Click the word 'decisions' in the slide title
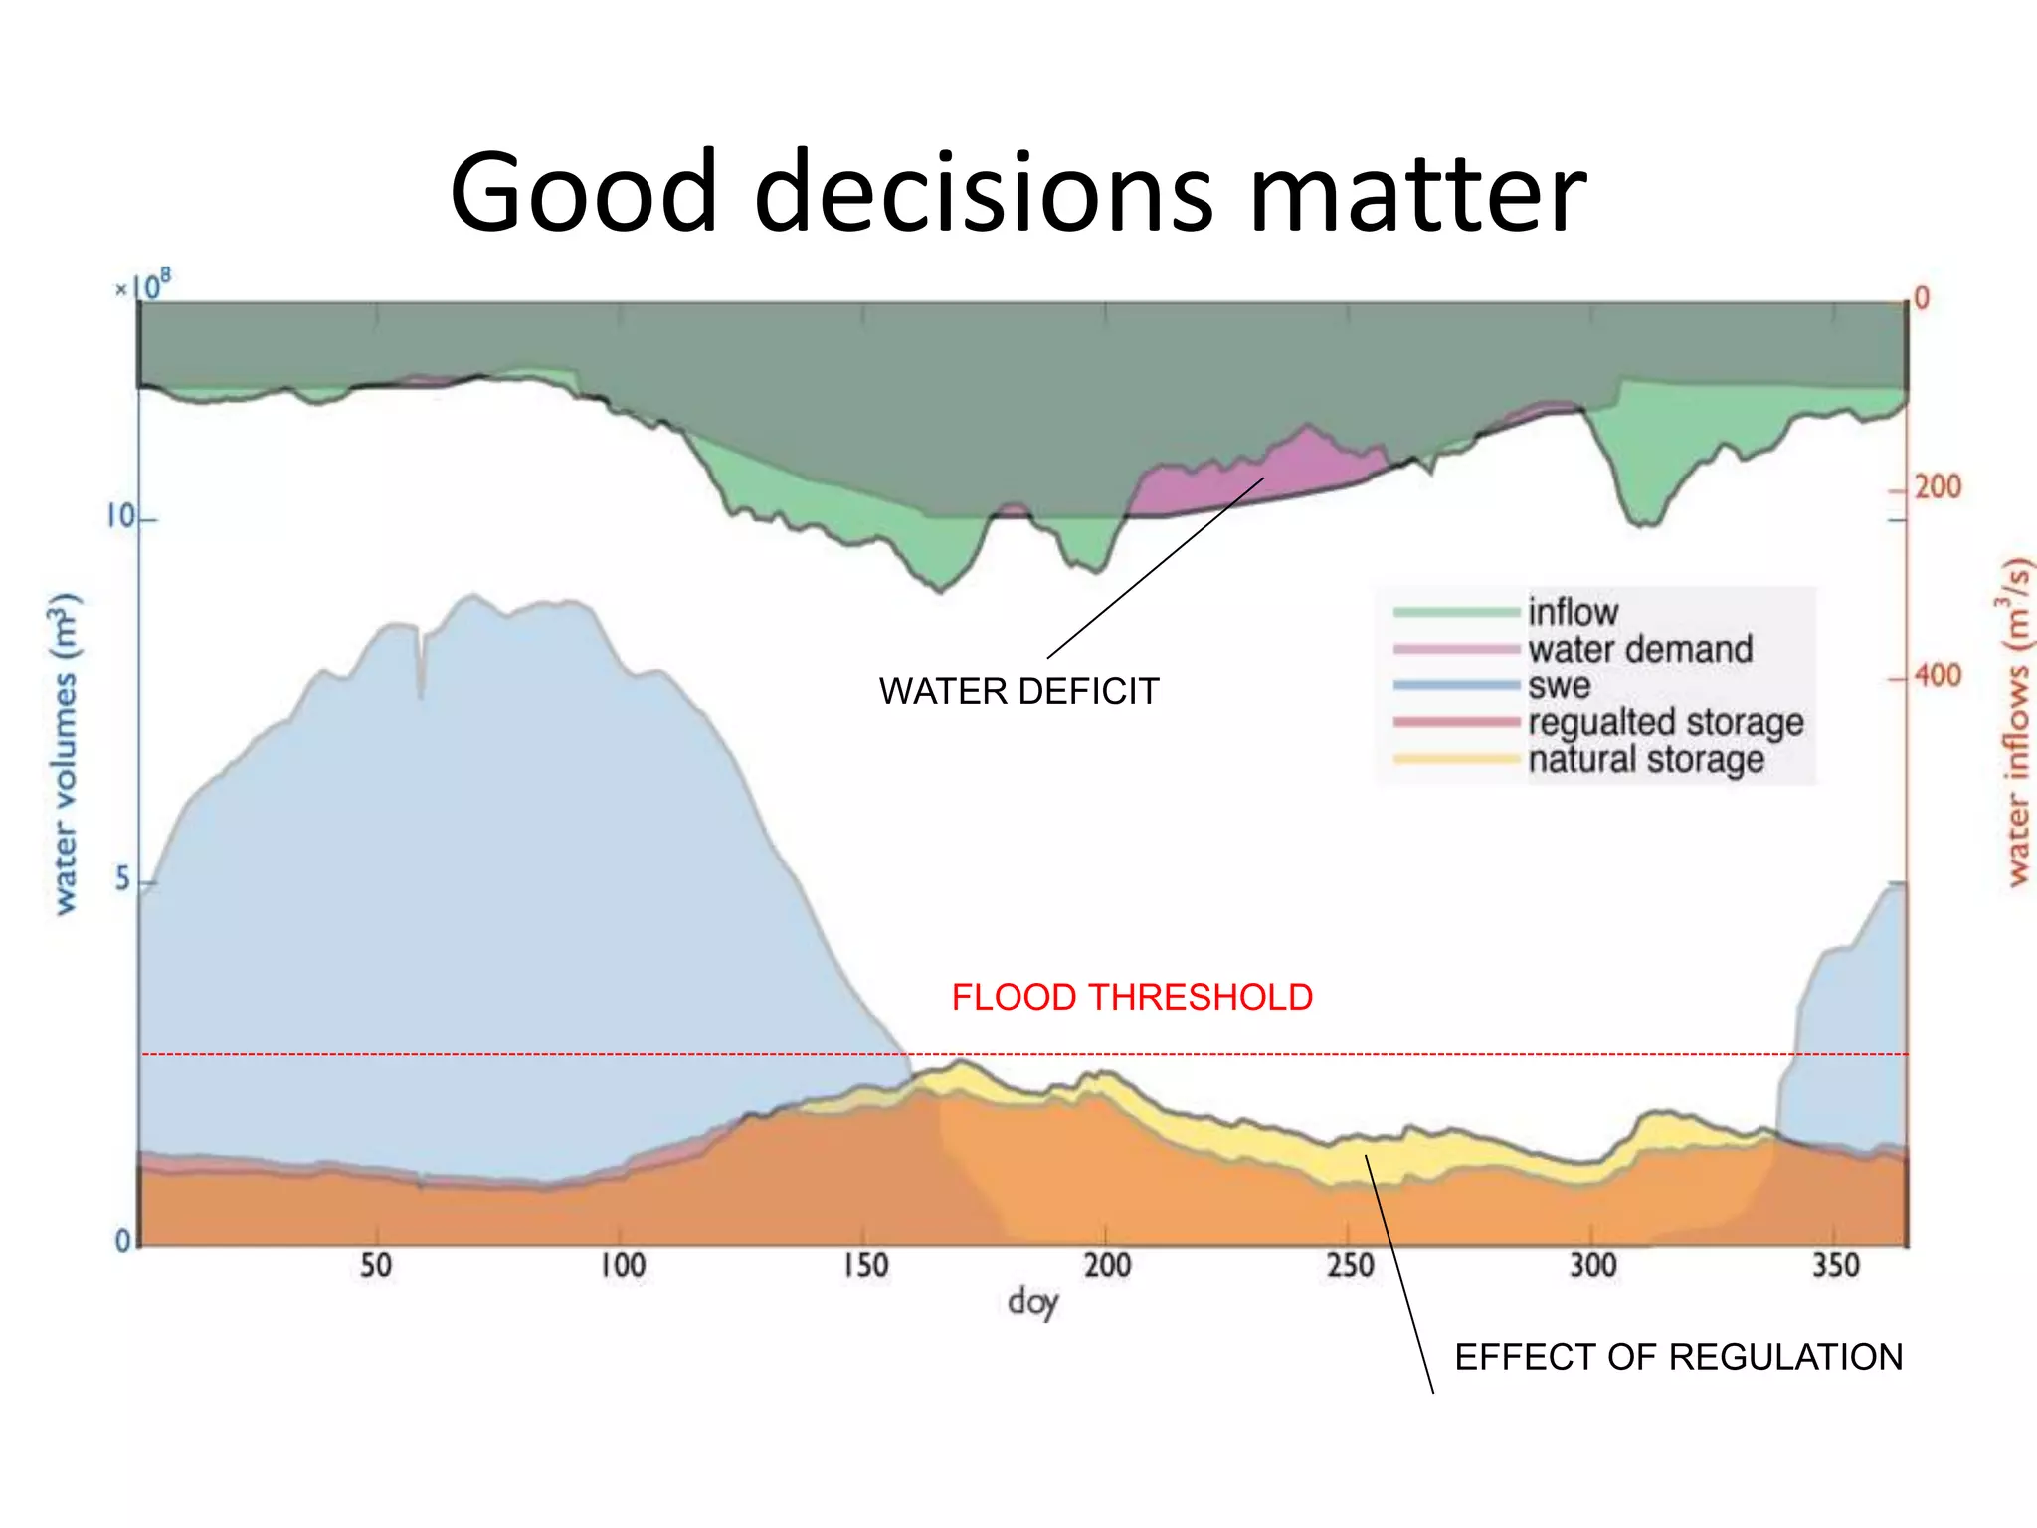pos(984,193)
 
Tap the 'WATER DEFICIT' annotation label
pos(1018,691)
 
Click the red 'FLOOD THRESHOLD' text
pos(1132,997)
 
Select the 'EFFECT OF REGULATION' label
pos(1678,1357)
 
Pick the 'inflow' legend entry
pos(1573,611)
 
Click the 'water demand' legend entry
pos(1640,649)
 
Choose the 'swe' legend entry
pos(1559,685)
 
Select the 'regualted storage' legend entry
pos(1665,722)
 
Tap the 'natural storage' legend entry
pos(1646,759)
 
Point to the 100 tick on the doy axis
pos(623,1266)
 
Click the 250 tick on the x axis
pos(1350,1266)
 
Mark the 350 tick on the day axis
pos(1835,1266)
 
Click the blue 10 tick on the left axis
pos(120,517)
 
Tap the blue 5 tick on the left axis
pos(122,879)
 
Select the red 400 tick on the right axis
pos(1938,676)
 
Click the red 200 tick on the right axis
pos(1938,487)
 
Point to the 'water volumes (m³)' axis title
pos(64,753)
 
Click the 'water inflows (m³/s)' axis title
pos(2015,721)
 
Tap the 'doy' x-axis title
pos(1032,1302)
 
